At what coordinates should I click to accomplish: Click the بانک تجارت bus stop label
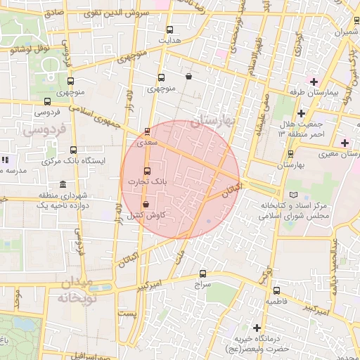coord(147,181)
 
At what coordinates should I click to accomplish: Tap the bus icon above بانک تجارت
coord(147,171)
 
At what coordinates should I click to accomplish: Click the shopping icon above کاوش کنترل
coord(146,204)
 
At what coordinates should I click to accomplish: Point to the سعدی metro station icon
coord(147,131)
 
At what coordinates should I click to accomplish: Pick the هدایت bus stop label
coord(169,40)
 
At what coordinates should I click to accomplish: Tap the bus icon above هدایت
coord(169,30)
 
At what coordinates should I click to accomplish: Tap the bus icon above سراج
coord(203,274)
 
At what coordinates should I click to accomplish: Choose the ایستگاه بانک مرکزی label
coord(74,160)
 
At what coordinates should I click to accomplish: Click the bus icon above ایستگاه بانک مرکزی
coord(74,150)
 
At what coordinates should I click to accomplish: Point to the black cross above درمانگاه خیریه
coord(258,328)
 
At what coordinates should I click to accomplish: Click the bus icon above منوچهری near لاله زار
coord(161,78)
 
